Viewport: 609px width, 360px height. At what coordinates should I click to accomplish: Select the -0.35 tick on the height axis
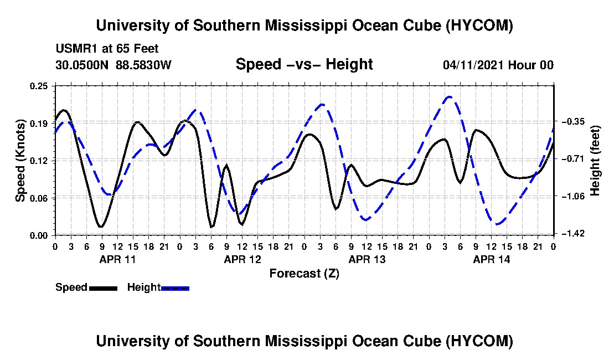click(x=573, y=121)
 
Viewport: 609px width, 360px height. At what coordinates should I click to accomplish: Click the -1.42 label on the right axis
click(x=573, y=233)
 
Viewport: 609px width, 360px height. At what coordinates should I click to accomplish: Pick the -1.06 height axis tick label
click(x=573, y=196)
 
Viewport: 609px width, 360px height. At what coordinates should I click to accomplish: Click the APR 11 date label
click(x=118, y=259)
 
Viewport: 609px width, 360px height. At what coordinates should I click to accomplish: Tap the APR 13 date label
click(x=367, y=259)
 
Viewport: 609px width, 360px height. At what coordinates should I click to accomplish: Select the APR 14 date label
click(x=491, y=259)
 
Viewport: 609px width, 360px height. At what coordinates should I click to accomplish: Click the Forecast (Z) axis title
click(x=304, y=274)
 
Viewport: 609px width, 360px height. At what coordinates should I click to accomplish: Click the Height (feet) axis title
click(x=595, y=161)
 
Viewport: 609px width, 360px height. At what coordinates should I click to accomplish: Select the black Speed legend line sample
click(x=103, y=288)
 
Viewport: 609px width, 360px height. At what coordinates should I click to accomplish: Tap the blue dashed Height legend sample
click(x=175, y=288)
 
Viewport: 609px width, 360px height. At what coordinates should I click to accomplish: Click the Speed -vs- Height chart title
click(x=304, y=64)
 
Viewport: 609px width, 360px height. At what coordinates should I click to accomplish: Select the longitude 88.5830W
click(x=143, y=65)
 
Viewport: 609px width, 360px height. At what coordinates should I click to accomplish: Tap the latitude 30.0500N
click(x=82, y=65)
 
